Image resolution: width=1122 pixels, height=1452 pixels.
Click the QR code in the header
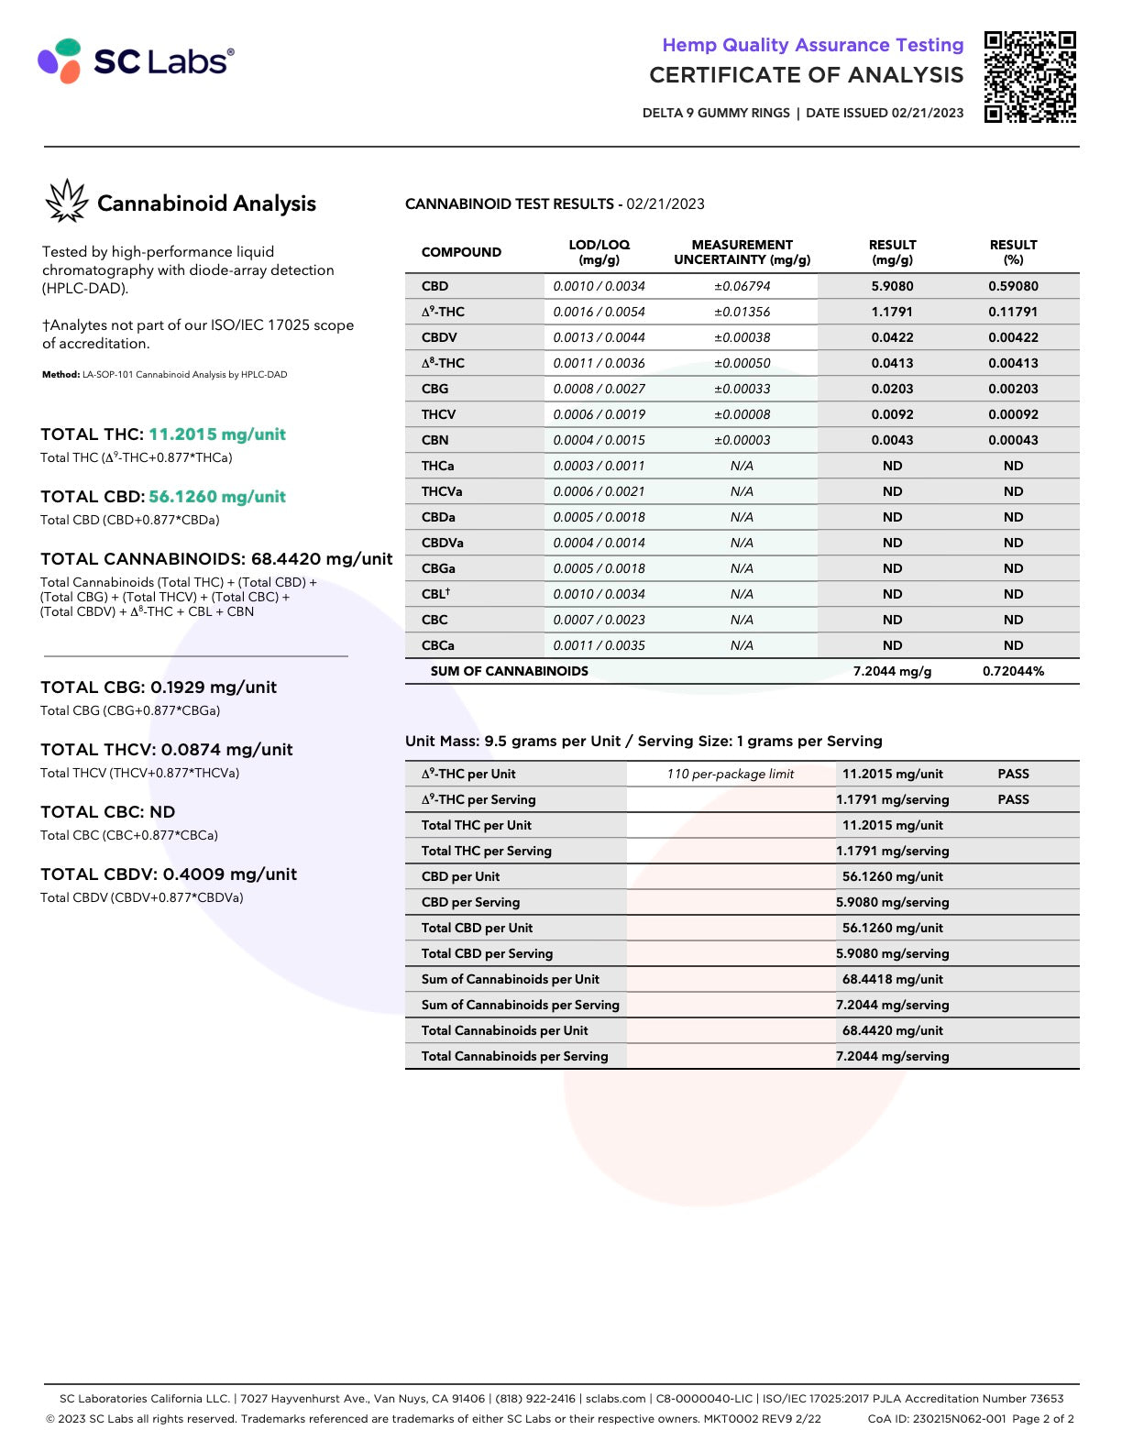pos(1029,77)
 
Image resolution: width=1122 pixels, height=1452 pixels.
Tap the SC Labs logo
pos(136,60)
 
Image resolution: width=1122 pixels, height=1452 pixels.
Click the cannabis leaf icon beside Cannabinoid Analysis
pos(66,201)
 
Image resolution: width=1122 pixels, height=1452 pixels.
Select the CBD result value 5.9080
pos(892,286)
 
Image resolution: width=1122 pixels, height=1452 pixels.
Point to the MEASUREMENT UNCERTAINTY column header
pos(742,252)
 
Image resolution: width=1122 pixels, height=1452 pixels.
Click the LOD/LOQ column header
pos(599,252)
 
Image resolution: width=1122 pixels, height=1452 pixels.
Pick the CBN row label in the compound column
pos(435,440)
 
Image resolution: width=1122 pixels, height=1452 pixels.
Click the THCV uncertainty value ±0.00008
pos(742,414)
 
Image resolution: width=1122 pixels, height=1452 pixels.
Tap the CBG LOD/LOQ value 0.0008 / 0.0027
pos(599,389)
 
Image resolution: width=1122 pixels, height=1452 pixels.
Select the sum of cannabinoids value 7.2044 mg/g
pos(892,671)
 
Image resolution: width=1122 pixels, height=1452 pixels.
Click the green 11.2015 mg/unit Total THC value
pos(217,434)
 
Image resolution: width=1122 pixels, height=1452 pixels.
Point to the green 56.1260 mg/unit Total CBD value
pos(217,497)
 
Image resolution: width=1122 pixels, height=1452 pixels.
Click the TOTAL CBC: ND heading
pos(108,812)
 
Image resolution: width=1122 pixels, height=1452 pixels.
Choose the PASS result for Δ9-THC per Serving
pos(1013,799)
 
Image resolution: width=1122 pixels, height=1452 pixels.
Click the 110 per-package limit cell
pos(730,774)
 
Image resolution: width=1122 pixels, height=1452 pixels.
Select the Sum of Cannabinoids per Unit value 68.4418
pos(892,979)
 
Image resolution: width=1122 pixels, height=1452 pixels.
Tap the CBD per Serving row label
pos(470,902)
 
